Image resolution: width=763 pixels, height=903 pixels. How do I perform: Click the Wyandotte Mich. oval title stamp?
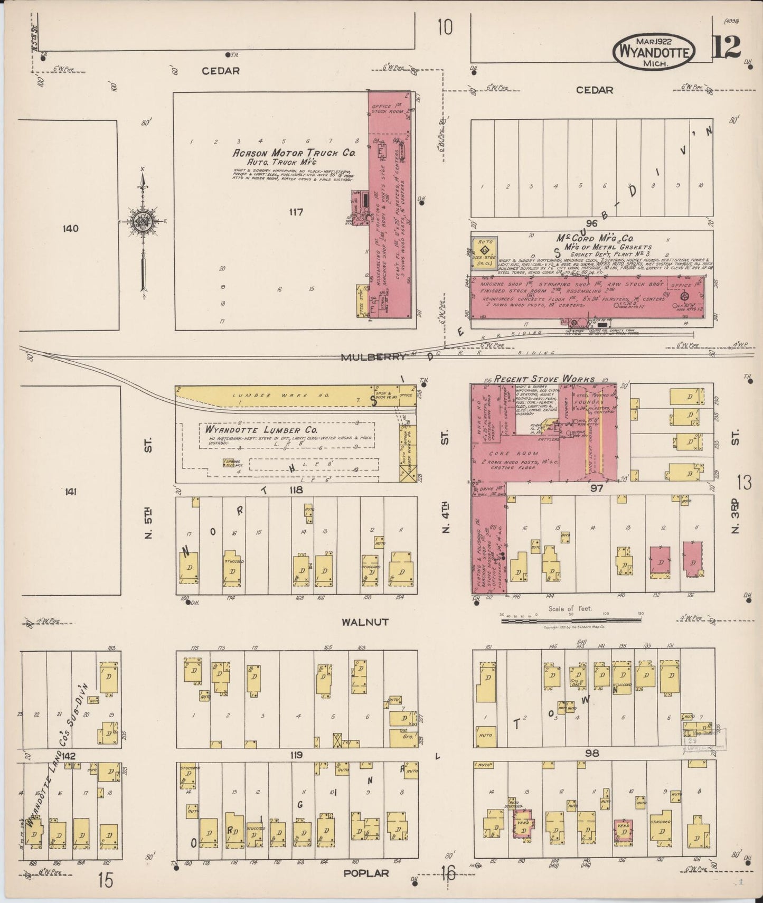(654, 51)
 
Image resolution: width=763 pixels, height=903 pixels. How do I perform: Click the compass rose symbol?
(142, 222)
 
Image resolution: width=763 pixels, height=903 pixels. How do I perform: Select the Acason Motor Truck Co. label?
(294, 153)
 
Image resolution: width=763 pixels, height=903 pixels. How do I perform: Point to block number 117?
(296, 212)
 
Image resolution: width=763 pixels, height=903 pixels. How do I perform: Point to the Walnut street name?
(364, 622)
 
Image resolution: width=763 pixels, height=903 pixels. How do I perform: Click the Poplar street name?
(366, 873)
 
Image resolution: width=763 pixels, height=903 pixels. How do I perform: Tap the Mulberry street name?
(373, 357)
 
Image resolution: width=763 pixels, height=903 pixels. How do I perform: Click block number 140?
(70, 229)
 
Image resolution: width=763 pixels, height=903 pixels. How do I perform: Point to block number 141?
(70, 492)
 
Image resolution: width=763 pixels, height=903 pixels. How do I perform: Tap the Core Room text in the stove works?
(506, 453)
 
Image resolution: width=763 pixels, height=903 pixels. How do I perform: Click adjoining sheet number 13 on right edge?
(744, 483)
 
